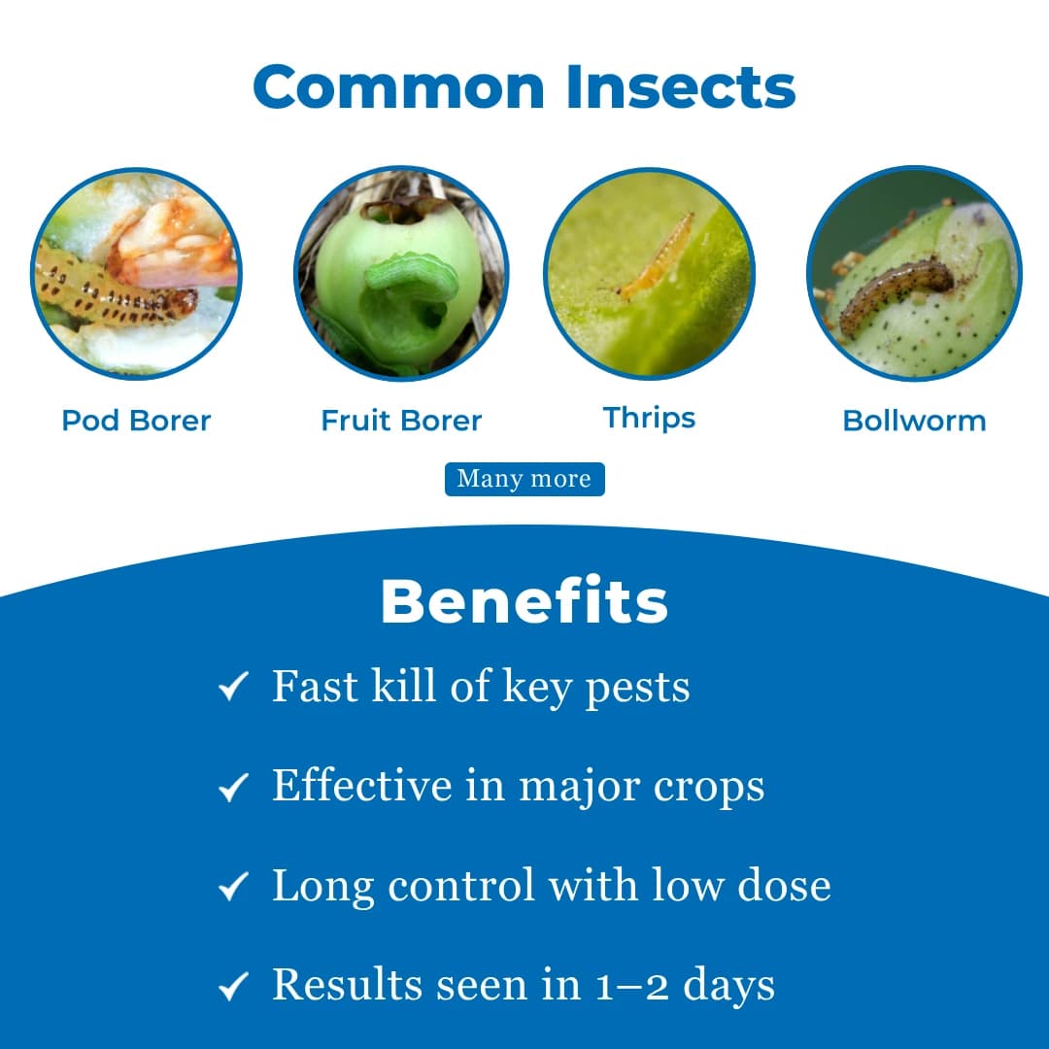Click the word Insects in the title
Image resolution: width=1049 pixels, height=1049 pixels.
click(683, 87)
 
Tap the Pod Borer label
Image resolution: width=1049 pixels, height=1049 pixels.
click(136, 421)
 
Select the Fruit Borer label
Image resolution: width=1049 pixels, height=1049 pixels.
click(401, 421)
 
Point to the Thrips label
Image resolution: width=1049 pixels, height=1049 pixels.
click(649, 419)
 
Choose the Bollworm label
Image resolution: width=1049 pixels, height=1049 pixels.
click(914, 421)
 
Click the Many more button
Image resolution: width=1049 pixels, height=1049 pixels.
click(524, 479)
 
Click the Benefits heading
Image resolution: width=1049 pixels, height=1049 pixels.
click(524, 602)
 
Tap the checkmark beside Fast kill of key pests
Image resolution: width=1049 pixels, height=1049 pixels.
click(234, 689)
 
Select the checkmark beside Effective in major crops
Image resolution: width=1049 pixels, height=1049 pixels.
click(234, 788)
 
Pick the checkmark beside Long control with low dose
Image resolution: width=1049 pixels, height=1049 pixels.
click(234, 887)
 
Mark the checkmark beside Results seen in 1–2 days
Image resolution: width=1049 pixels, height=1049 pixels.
click(234, 987)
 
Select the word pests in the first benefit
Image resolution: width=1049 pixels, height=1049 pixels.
click(637, 689)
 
